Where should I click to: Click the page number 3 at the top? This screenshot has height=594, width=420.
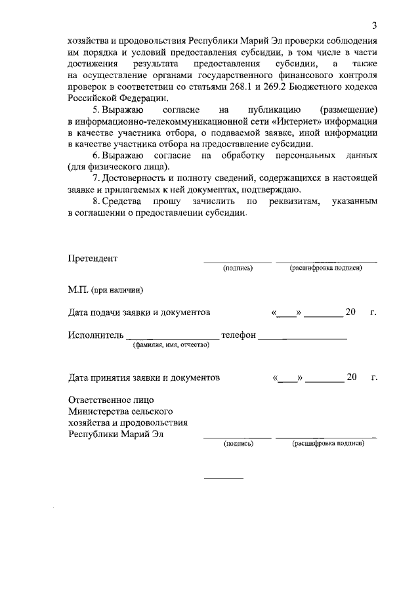pos(374,26)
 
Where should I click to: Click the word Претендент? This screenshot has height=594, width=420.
pos(93,258)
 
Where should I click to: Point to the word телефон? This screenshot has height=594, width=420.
pos(239,335)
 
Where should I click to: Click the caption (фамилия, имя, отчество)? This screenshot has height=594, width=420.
pos(171,345)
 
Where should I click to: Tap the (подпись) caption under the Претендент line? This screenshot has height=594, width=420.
pos(238,268)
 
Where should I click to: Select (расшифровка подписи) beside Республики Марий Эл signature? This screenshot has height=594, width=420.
pos(328,444)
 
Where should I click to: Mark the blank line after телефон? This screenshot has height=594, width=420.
pos(303,338)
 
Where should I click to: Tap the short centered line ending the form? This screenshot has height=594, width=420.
pos(223,478)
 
